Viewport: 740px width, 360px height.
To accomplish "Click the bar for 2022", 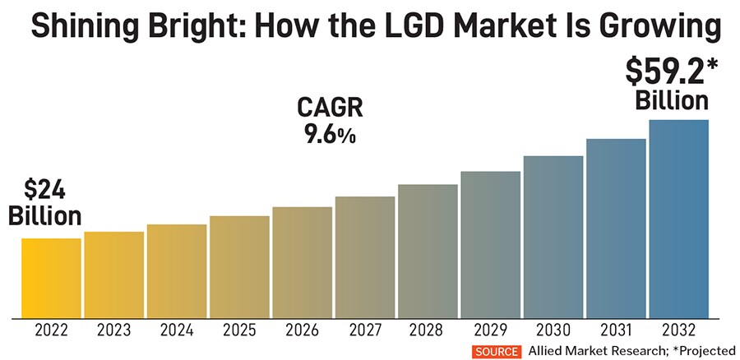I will click(51, 277).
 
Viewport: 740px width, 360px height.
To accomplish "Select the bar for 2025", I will click(239, 266).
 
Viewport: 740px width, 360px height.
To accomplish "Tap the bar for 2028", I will click(428, 251).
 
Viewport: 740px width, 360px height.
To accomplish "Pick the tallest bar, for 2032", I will click(678, 218).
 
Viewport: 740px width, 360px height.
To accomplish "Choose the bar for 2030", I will click(553, 236).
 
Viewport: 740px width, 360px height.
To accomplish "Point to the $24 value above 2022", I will click(44, 191).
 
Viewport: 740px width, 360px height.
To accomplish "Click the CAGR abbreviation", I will click(329, 108).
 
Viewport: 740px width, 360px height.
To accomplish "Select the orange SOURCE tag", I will click(496, 351).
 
